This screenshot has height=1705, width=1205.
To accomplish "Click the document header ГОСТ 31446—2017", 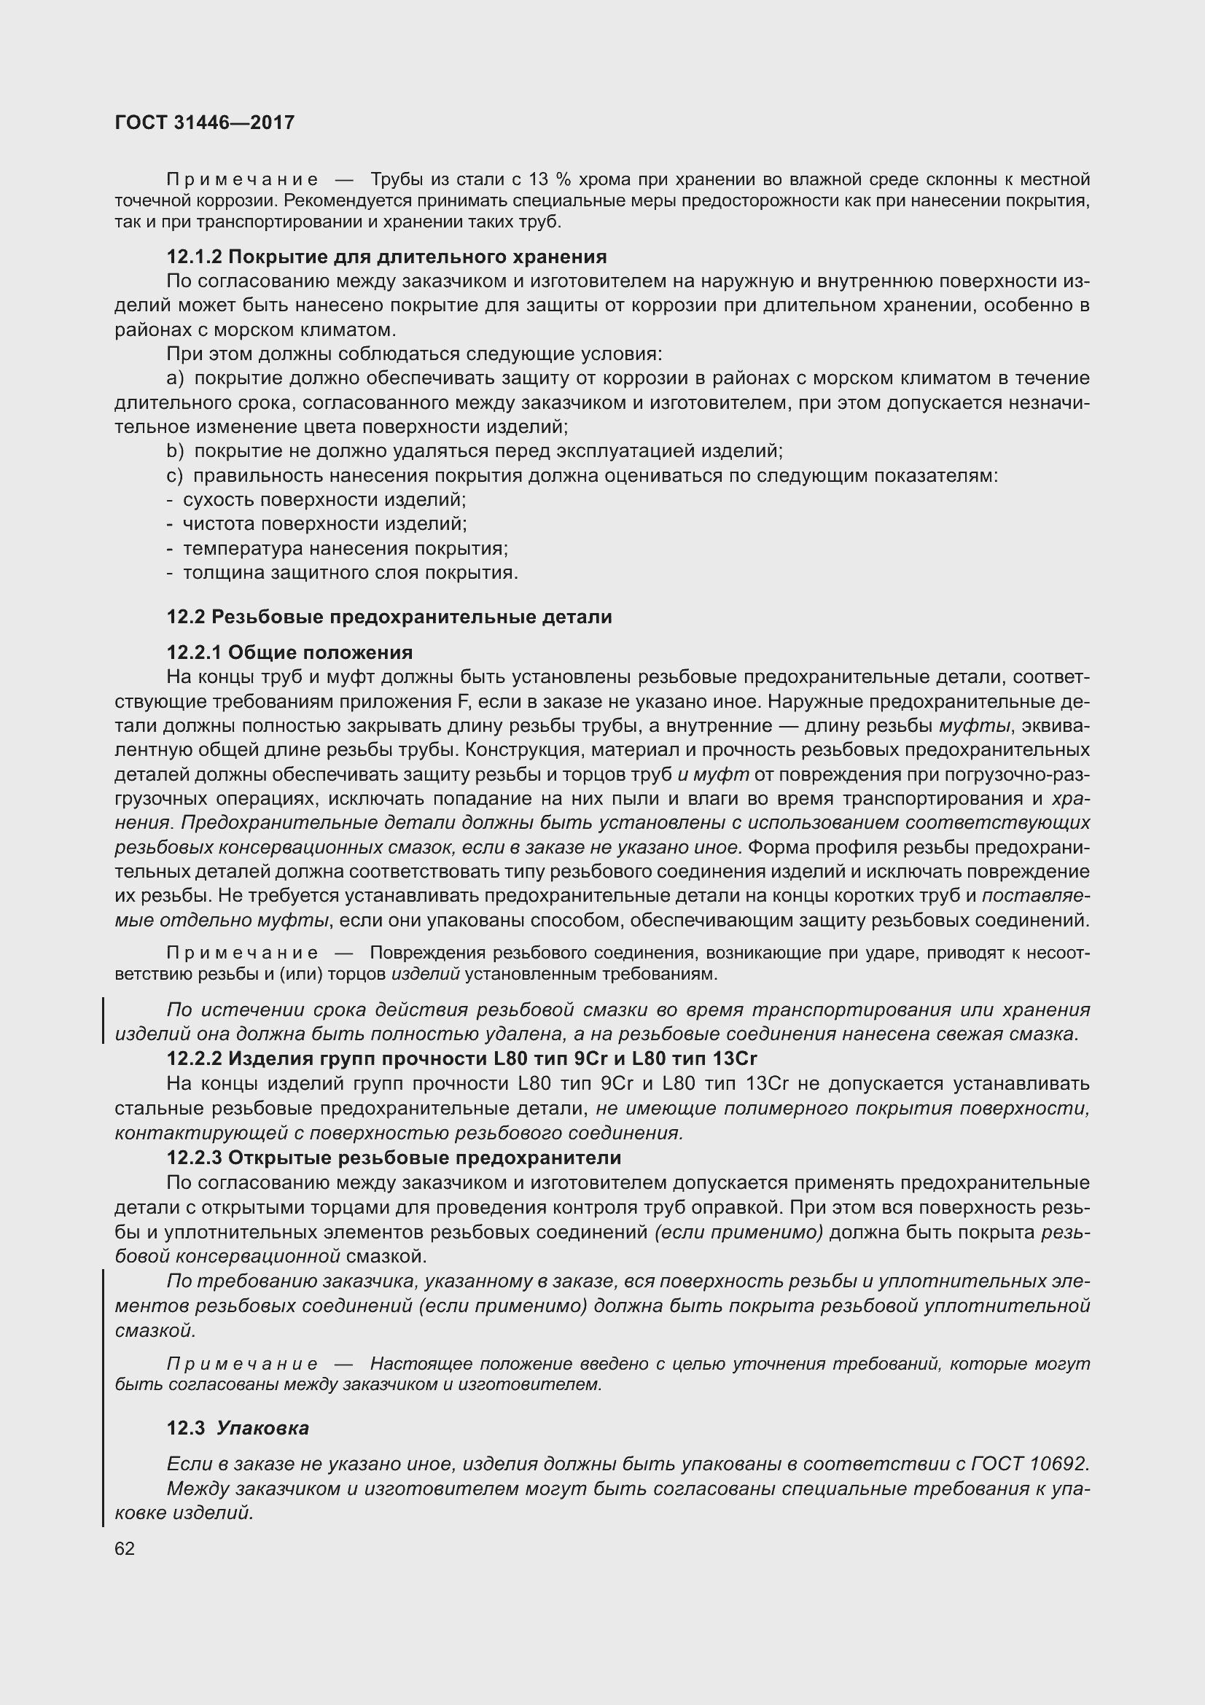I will click(x=205, y=122).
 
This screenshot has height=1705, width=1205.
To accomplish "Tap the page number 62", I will click(x=125, y=1548).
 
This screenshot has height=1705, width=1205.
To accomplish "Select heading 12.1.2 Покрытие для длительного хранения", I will click(x=386, y=257).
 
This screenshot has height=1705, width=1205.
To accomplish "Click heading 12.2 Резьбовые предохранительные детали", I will click(x=389, y=617).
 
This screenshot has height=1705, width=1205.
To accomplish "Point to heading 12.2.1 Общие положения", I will click(x=289, y=652).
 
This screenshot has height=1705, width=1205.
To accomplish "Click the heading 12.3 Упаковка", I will click(x=238, y=1428).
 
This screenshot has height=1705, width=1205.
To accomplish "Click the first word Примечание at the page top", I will click(x=243, y=180).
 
